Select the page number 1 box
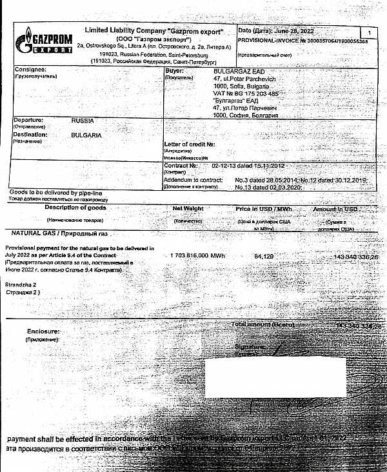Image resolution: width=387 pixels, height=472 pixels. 368,31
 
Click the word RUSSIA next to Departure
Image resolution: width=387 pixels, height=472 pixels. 83,120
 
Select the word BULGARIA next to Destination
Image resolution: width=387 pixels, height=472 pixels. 88,136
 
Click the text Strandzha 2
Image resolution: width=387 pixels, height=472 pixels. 21,284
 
